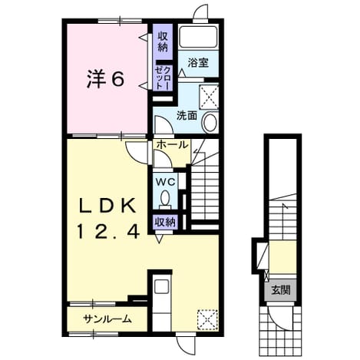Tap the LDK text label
click(x=107, y=206)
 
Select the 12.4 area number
click(x=108, y=231)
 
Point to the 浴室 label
click(x=198, y=62)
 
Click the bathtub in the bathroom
click(x=198, y=36)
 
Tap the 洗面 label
click(x=187, y=116)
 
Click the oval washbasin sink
click(x=209, y=122)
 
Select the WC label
click(x=166, y=182)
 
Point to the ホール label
click(x=172, y=145)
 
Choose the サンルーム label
click(x=107, y=319)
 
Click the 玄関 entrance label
click(x=281, y=290)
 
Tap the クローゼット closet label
click(x=163, y=78)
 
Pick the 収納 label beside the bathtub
click(x=163, y=41)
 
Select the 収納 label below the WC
click(x=165, y=222)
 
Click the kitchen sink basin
click(x=162, y=287)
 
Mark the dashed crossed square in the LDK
click(x=207, y=320)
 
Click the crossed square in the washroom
click(x=209, y=97)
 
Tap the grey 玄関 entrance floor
click(x=281, y=290)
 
